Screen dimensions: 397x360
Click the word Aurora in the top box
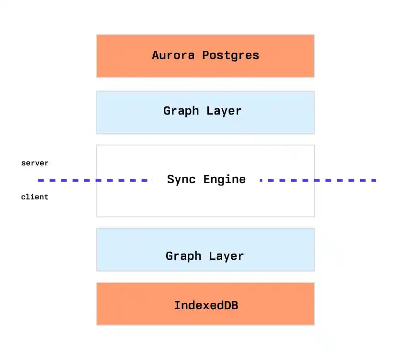point(173,55)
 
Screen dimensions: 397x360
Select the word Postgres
point(231,56)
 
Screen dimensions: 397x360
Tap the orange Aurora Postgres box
point(205,56)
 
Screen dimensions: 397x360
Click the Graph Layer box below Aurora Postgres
point(205,113)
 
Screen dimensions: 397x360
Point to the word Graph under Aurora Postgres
point(181,111)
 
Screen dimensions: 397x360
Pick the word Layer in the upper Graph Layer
point(224,111)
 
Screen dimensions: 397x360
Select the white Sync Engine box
point(205,181)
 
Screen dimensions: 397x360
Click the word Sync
point(181,180)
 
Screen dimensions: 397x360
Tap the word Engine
point(225,180)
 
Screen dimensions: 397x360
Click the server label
point(34,163)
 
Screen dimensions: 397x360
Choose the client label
point(34,197)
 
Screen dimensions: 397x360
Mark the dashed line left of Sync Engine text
point(96,181)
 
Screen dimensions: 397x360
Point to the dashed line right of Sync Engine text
point(318,181)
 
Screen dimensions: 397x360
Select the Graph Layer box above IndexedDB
point(205,250)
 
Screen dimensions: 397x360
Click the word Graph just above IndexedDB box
point(183,256)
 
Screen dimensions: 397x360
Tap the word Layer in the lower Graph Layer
point(227,256)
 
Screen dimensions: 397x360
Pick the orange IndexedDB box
point(205,304)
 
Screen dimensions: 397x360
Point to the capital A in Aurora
point(156,55)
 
